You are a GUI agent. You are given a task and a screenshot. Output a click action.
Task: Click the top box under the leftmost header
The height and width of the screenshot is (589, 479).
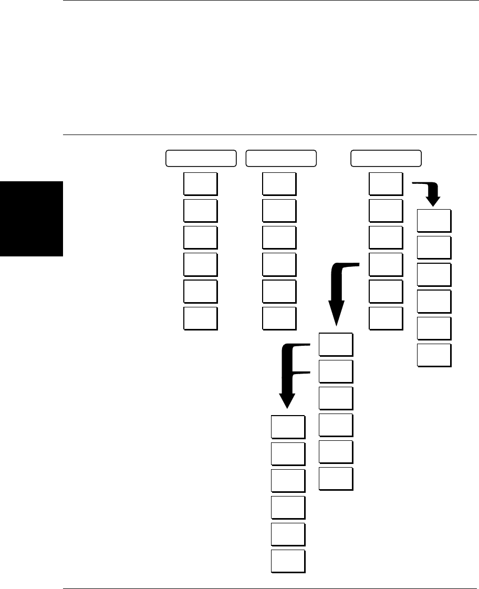coord(200,183)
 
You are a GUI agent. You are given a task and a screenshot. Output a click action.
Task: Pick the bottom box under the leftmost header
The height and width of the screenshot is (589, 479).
coord(200,318)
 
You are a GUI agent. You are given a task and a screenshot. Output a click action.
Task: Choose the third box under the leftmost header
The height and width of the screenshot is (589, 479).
coord(200,237)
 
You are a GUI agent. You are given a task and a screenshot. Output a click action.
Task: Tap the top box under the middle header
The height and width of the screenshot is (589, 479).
coord(279,183)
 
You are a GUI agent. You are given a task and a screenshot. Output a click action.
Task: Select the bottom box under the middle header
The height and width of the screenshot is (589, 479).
coord(279,318)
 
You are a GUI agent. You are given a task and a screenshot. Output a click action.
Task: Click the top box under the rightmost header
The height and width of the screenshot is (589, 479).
coord(386,183)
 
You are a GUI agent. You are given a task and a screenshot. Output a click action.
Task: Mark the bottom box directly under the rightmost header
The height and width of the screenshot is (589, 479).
coord(386,318)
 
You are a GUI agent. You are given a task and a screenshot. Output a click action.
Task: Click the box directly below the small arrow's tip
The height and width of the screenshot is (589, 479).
coord(434,221)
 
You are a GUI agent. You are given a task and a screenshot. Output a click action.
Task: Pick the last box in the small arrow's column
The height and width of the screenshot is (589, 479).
coord(434,355)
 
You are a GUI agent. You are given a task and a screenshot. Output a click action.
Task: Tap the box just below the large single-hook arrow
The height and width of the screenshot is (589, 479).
coord(336,344)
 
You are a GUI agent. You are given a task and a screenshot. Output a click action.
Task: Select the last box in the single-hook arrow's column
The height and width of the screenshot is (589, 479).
coord(336,479)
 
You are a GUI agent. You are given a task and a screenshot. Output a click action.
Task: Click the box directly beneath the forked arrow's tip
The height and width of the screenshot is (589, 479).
coord(288,427)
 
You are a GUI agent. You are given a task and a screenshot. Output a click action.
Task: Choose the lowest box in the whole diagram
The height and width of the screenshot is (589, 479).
coord(288,561)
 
